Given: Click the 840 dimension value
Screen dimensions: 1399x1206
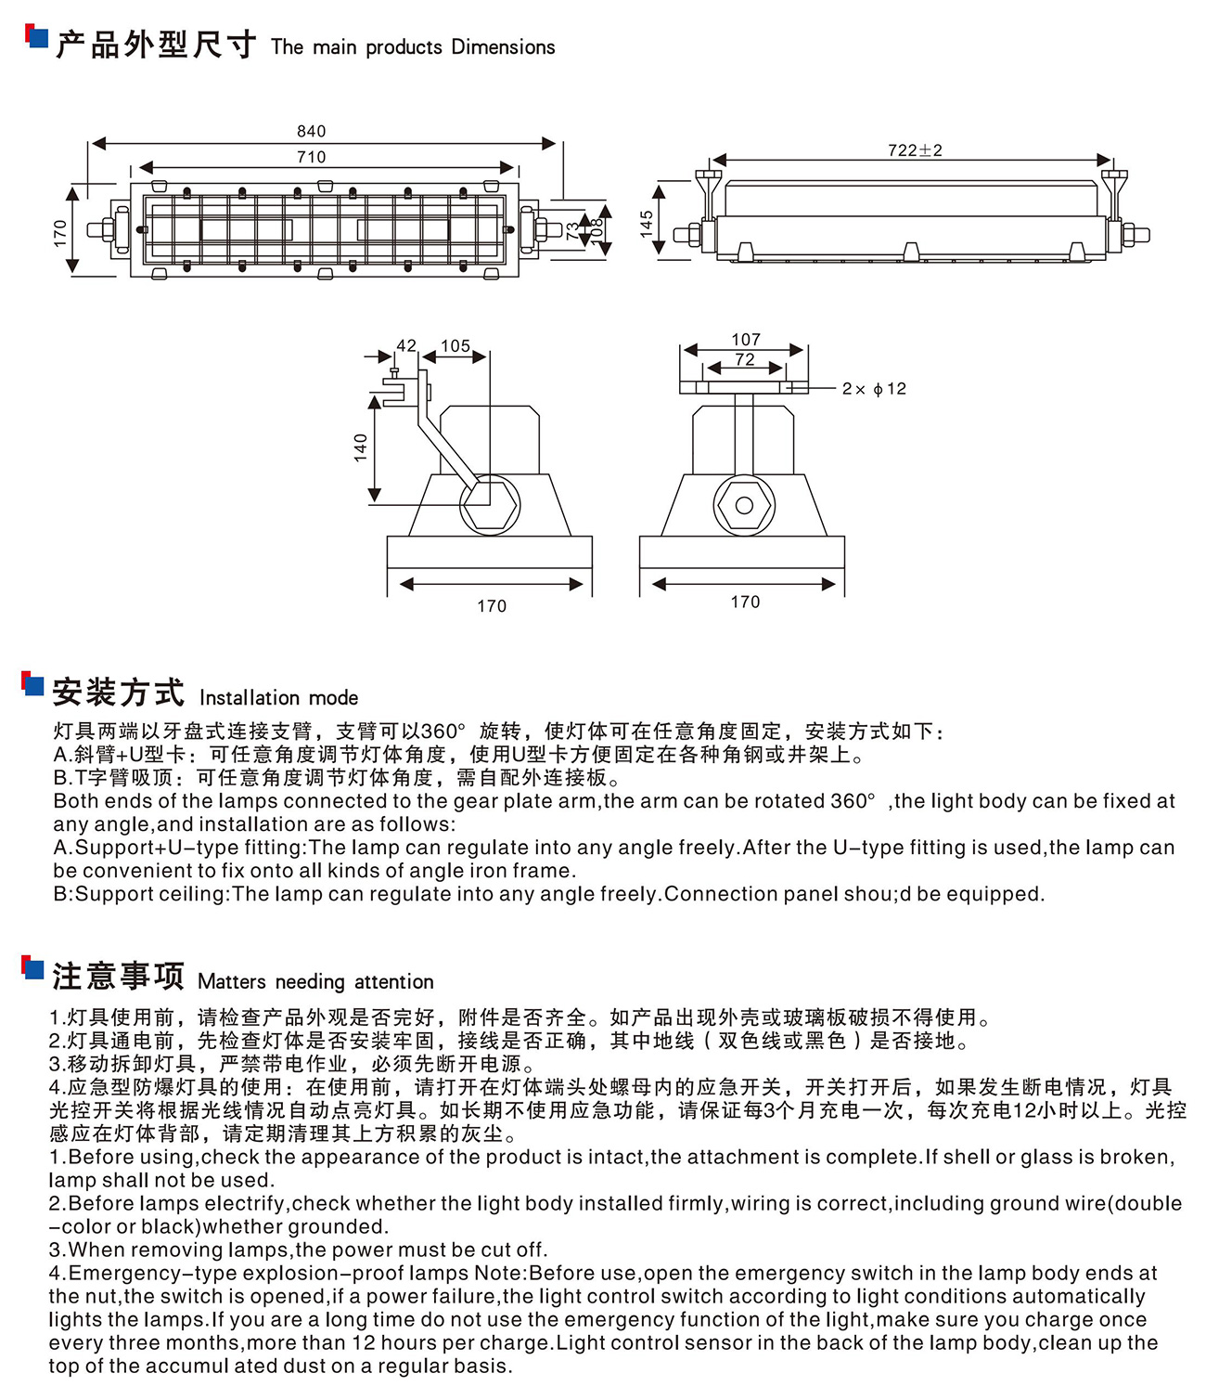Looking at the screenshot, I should point(311,131).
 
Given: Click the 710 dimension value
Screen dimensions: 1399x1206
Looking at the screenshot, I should point(311,157).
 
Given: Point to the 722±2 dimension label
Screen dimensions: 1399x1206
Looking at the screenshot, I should point(914,150).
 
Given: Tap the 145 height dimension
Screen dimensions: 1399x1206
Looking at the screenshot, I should point(646,223).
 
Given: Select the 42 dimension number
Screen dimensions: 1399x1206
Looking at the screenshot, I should point(406,345).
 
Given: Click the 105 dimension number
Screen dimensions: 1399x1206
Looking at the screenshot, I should point(455,345).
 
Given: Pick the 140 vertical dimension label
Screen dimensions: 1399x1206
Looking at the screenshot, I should point(361,447).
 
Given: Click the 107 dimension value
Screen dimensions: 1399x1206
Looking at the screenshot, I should point(745,340).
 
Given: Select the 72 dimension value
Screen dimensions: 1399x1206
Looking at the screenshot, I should point(745,359).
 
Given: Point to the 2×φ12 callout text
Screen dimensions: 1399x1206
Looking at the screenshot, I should point(873,389).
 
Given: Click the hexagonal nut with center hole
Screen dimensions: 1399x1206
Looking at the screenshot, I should point(743,505).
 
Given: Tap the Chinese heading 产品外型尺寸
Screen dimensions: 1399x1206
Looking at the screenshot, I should point(155,44).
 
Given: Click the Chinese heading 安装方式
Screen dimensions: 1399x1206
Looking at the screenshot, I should point(118,693).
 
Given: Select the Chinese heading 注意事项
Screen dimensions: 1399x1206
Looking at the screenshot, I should point(118,977).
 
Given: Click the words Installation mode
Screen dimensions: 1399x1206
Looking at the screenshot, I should point(278,698).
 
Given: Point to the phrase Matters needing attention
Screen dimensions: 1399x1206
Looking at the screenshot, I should point(315,982).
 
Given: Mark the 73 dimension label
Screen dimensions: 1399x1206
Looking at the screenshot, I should point(572,229).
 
